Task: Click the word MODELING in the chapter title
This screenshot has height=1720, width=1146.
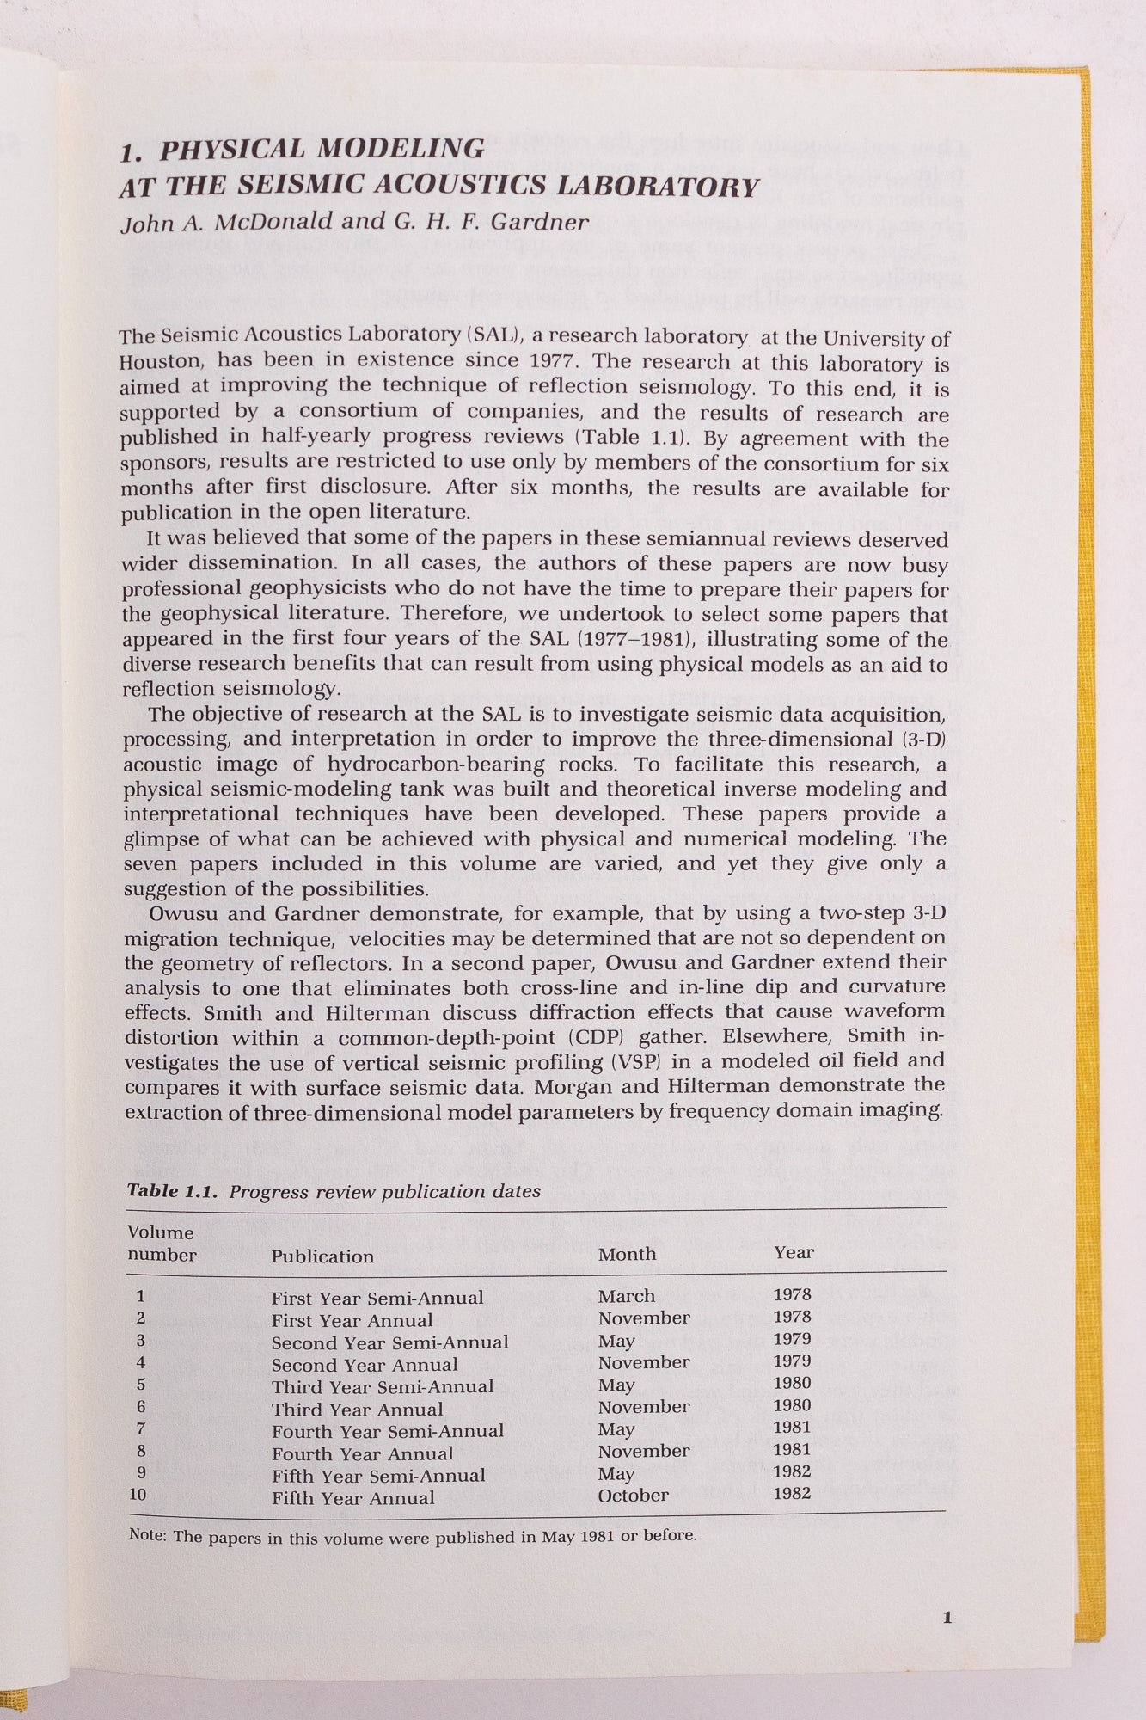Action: [x=401, y=149]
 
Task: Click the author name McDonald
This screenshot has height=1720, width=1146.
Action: [x=273, y=222]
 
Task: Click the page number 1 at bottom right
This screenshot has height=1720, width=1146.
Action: [x=947, y=1618]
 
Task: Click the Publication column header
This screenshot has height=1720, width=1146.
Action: [x=322, y=1256]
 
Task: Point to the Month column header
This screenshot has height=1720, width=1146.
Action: [x=627, y=1254]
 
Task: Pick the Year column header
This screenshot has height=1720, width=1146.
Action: [x=793, y=1252]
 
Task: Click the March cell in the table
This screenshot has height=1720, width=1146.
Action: [x=626, y=1296]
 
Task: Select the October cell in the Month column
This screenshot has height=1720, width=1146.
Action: [x=633, y=1496]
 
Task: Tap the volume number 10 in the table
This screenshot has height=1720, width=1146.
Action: [x=138, y=1495]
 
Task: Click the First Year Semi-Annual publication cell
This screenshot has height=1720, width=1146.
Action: [x=377, y=1298]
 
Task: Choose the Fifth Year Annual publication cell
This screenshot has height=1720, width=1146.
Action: [x=352, y=1498]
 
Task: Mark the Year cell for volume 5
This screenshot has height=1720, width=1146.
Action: [x=792, y=1383]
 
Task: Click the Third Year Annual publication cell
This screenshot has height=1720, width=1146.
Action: [x=357, y=1410]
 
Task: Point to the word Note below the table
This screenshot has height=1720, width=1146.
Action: [x=146, y=1535]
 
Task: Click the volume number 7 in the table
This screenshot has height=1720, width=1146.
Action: [x=140, y=1428]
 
